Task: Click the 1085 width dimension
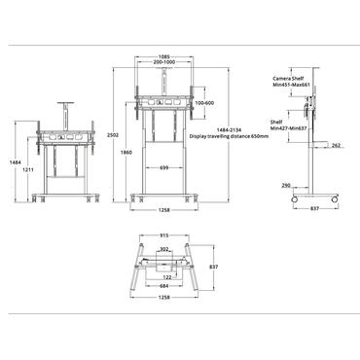(x=164, y=57)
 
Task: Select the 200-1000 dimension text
(x=164, y=62)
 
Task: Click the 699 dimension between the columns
(x=164, y=167)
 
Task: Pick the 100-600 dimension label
(x=205, y=103)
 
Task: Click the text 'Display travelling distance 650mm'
(x=229, y=136)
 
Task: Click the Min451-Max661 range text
(x=291, y=85)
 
